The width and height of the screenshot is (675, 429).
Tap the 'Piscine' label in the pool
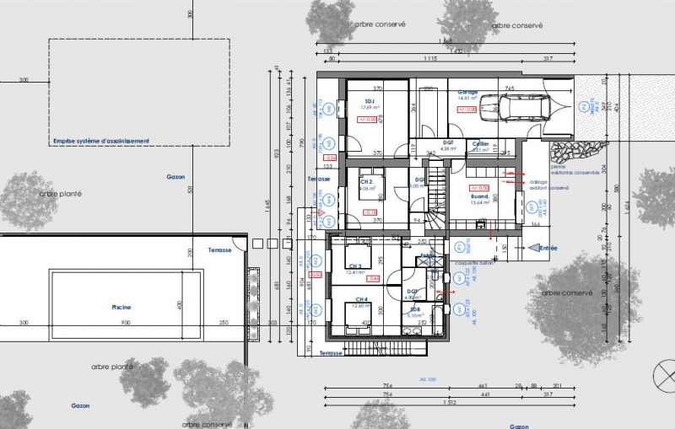[120, 308]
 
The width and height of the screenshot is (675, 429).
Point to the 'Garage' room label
[467, 92]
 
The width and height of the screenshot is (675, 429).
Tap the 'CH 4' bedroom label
[361, 299]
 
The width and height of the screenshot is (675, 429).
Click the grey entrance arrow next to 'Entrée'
[532, 248]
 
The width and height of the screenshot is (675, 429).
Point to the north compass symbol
[663, 372]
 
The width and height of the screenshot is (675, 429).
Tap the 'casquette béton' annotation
[472, 262]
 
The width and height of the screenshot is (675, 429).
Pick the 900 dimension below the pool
[125, 323]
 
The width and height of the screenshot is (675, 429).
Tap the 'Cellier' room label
[481, 144]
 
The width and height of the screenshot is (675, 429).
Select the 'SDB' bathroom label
[416, 310]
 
